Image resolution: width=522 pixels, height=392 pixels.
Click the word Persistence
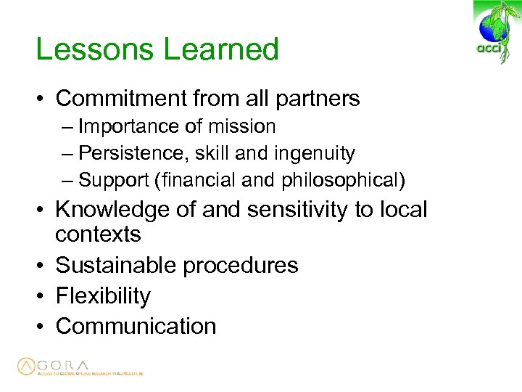click(128, 153)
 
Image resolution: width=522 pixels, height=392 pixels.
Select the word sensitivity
click(299, 210)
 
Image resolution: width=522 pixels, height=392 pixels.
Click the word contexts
click(98, 234)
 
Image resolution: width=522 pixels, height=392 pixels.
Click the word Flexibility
click(103, 296)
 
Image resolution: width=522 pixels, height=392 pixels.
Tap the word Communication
click(136, 326)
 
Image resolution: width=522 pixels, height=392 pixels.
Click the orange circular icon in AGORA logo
click(28, 367)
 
